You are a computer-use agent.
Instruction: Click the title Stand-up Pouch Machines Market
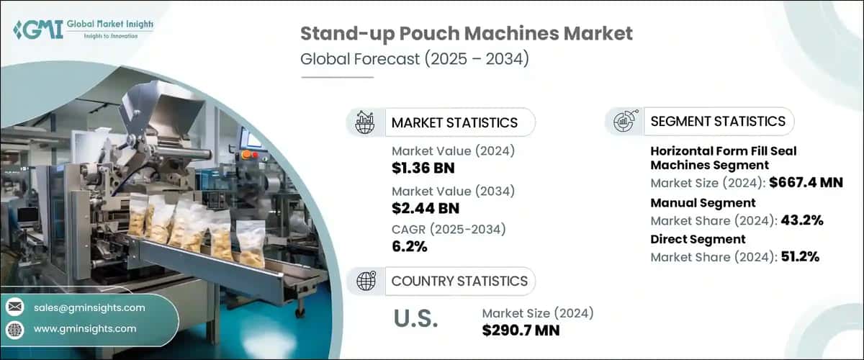(467, 34)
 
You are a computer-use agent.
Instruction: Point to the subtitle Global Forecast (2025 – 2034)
(415, 58)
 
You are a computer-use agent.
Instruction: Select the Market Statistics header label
(454, 122)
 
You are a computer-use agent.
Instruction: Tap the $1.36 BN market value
(423, 168)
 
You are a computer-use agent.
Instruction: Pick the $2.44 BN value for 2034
(425, 209)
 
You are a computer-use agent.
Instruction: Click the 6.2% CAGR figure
(410, 247)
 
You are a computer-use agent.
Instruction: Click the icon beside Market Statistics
(365, 122)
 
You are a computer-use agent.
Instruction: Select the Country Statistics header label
(459, 281)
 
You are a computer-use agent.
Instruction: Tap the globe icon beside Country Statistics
(365, 281)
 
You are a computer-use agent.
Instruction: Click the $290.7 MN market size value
(521, 330)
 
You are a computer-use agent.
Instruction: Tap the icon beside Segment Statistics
(623, 121)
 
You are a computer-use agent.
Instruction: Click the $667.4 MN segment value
(805, 183)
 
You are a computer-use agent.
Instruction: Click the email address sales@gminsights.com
(89, 307)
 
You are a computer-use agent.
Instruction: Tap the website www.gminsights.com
(85, 328)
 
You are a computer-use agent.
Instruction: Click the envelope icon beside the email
(14, 307)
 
